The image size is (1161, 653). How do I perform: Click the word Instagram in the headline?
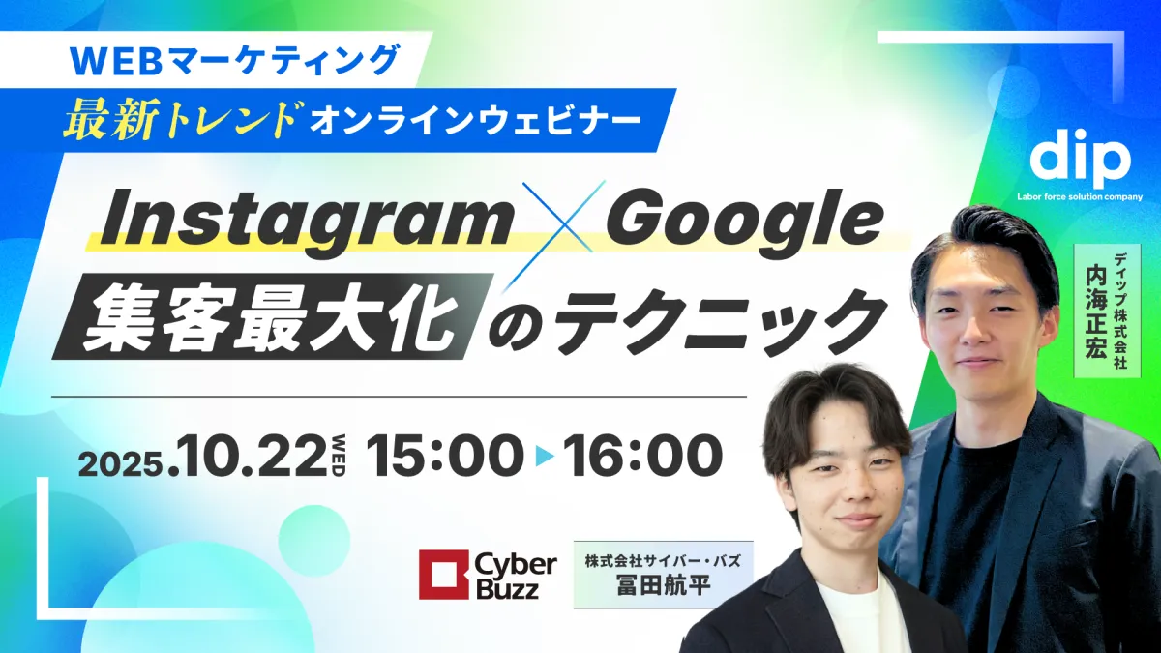307,223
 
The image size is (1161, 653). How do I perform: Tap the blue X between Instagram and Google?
557,219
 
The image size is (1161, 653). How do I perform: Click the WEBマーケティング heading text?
236,61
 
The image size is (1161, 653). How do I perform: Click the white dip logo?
1080,162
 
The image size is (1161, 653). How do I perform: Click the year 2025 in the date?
118,464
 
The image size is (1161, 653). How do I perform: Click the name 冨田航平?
663,588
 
